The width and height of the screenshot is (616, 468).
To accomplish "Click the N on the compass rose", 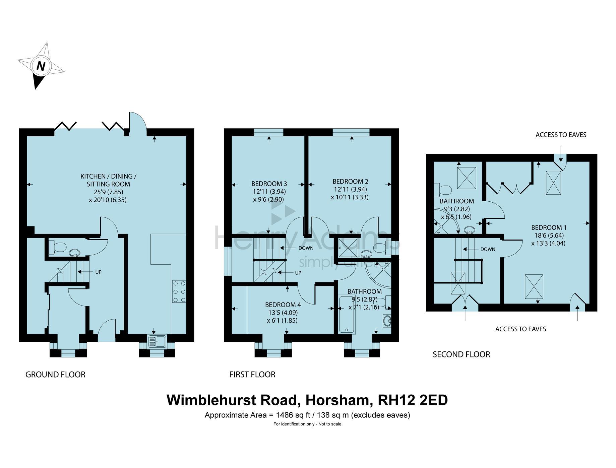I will [41, 66].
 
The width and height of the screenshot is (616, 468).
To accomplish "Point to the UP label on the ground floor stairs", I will [98, 272].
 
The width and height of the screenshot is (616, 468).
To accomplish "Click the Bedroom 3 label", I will [269, 184].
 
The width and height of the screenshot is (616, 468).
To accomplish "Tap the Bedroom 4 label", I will [283, 305].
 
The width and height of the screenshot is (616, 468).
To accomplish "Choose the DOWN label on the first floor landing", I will [305, 248].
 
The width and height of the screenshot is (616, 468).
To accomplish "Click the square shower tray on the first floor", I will [347, 248].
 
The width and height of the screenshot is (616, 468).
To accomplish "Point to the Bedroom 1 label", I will [549, 227].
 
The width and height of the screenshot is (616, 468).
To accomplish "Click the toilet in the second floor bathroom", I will [442, 190].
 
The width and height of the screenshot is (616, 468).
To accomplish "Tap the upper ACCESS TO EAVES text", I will [561, 135].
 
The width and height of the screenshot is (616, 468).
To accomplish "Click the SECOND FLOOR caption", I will [461, 354].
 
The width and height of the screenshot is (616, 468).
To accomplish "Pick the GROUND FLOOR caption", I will [55, 374].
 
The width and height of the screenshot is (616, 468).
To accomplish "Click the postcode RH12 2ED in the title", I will [413, 400].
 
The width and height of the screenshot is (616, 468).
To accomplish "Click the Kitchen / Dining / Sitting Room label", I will [108, 180].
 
